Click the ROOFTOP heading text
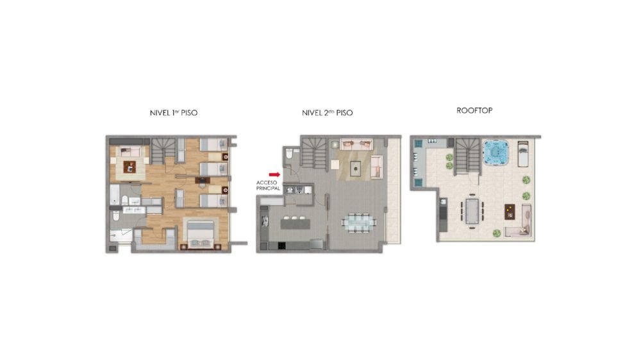[474, 110]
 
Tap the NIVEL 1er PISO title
[174, 113]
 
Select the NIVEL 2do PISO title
[327, 113]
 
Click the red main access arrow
[274, 174]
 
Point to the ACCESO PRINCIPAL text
[268, 185]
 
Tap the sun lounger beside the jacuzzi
[523, 154]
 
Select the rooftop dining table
[472, 210]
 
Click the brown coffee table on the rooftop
[510, 212]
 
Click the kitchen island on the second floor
[295, 224]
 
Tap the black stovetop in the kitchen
[281, 246]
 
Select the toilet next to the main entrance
[290, 153]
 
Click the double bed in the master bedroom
[201, 235]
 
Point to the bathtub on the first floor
[115, 194]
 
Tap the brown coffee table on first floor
[129, 167]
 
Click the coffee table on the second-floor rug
[355, 169]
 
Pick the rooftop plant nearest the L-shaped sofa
[497, 233]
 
